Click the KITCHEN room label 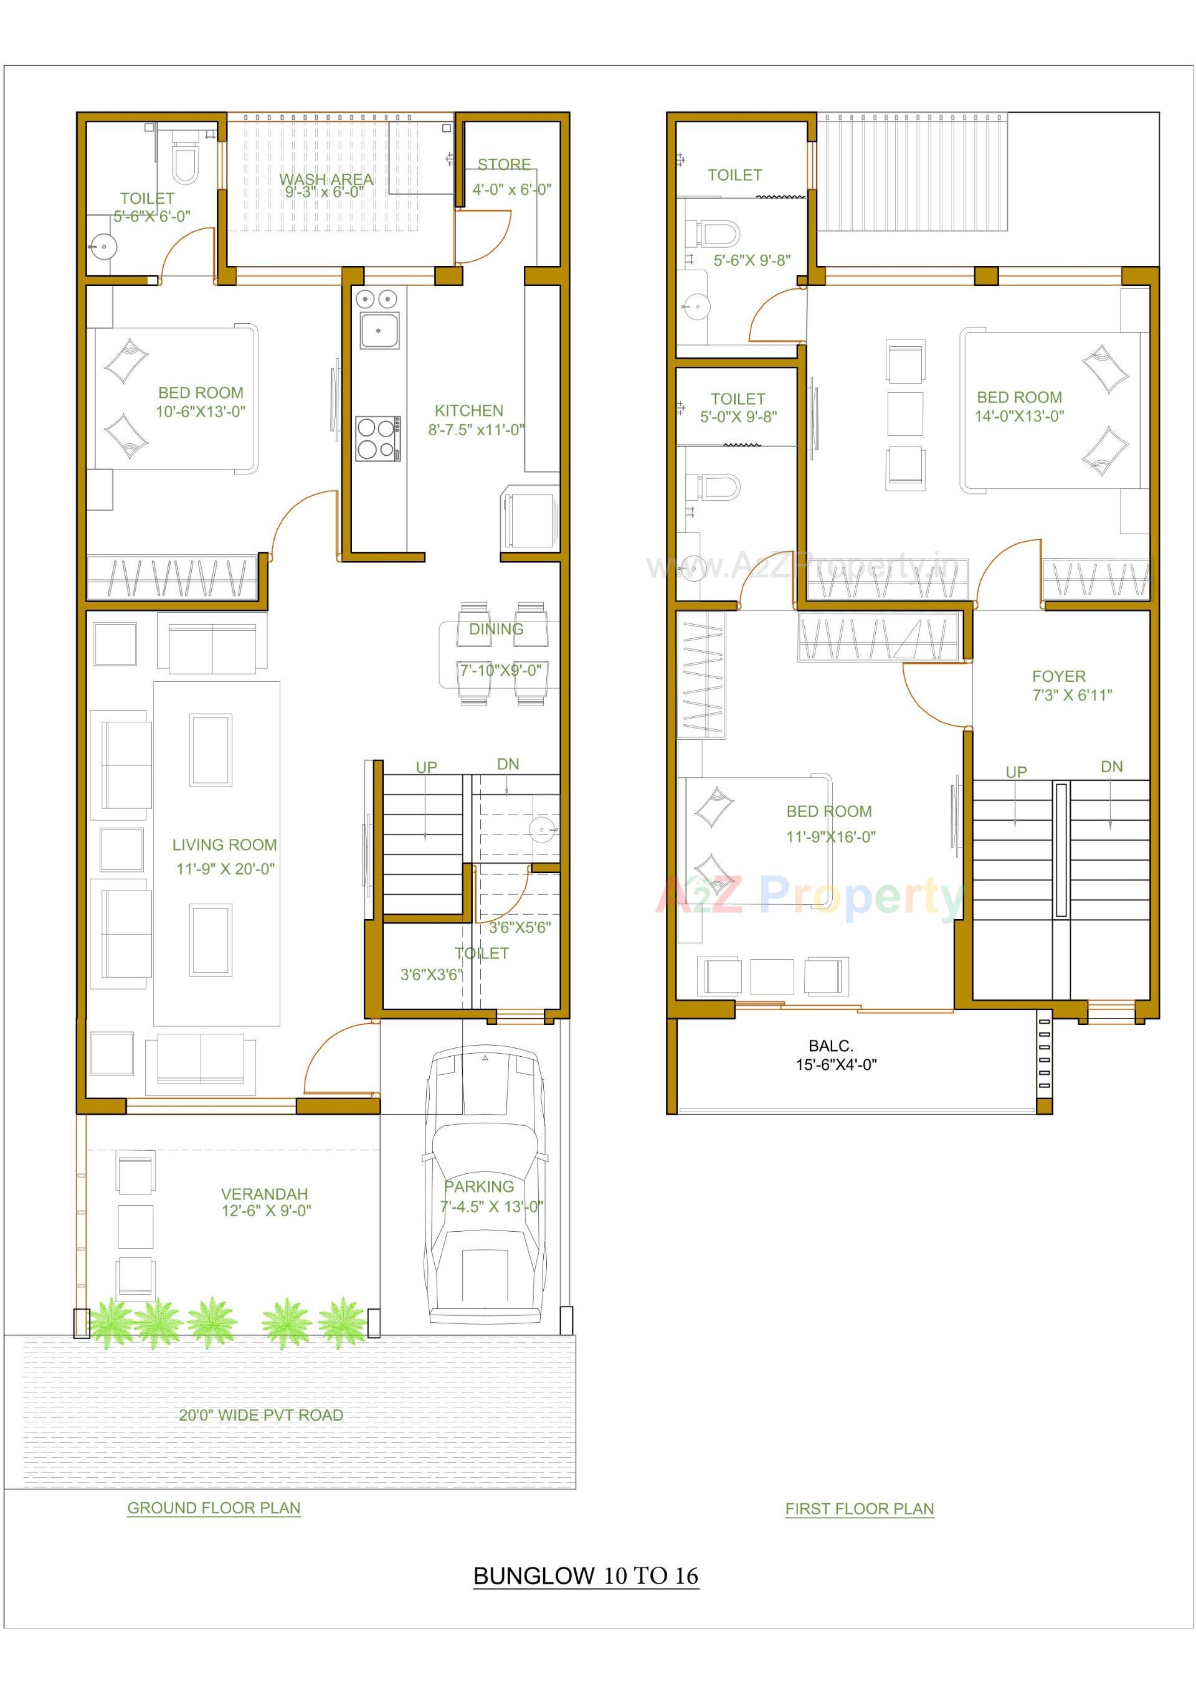pyautogui.click(x=468, y=410)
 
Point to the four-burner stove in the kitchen pyautogui.click(x=377, y=438)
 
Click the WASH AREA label pyautogui.click(x=325, y=179)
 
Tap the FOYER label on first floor pyautogui.click(x=1058, y=676)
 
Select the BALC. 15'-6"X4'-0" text pyautogui.click(x=835, y=1054)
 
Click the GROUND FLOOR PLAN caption pyautogui.click(x=214, y=1508)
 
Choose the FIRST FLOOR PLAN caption pyautogui.click(x=859, y=1508)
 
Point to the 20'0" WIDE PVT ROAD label pyautogui.click(x=261, y=1415)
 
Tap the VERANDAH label pyautogui.click(x=264, y=1194)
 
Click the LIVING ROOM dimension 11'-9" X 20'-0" pyautogui.click(x=225, y=869)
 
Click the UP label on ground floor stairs pyautogui.click(x=426, y=767)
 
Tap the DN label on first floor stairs pyautogui.click(x=1111, y=767)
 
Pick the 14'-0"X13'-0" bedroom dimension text pyautogui.click(x=1019, y=417)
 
